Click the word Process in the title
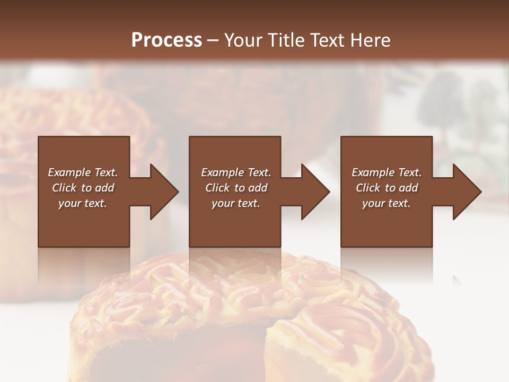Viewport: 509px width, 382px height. point(166,40)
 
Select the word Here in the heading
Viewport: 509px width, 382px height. point(371,40)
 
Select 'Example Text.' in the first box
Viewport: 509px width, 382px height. point(83,172)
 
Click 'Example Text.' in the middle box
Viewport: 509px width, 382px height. point(236,172)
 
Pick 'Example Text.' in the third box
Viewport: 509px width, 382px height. point(387,172)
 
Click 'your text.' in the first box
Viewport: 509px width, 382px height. point(83,203)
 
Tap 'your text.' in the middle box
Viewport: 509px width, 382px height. point(236,203)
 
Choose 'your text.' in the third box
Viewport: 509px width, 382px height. point(387,203)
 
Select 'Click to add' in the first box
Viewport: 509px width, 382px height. point(83,188)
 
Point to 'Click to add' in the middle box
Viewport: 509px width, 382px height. point(236,188)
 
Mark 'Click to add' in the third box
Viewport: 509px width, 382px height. point(387,188)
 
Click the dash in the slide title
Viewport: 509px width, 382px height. point(213,41)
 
